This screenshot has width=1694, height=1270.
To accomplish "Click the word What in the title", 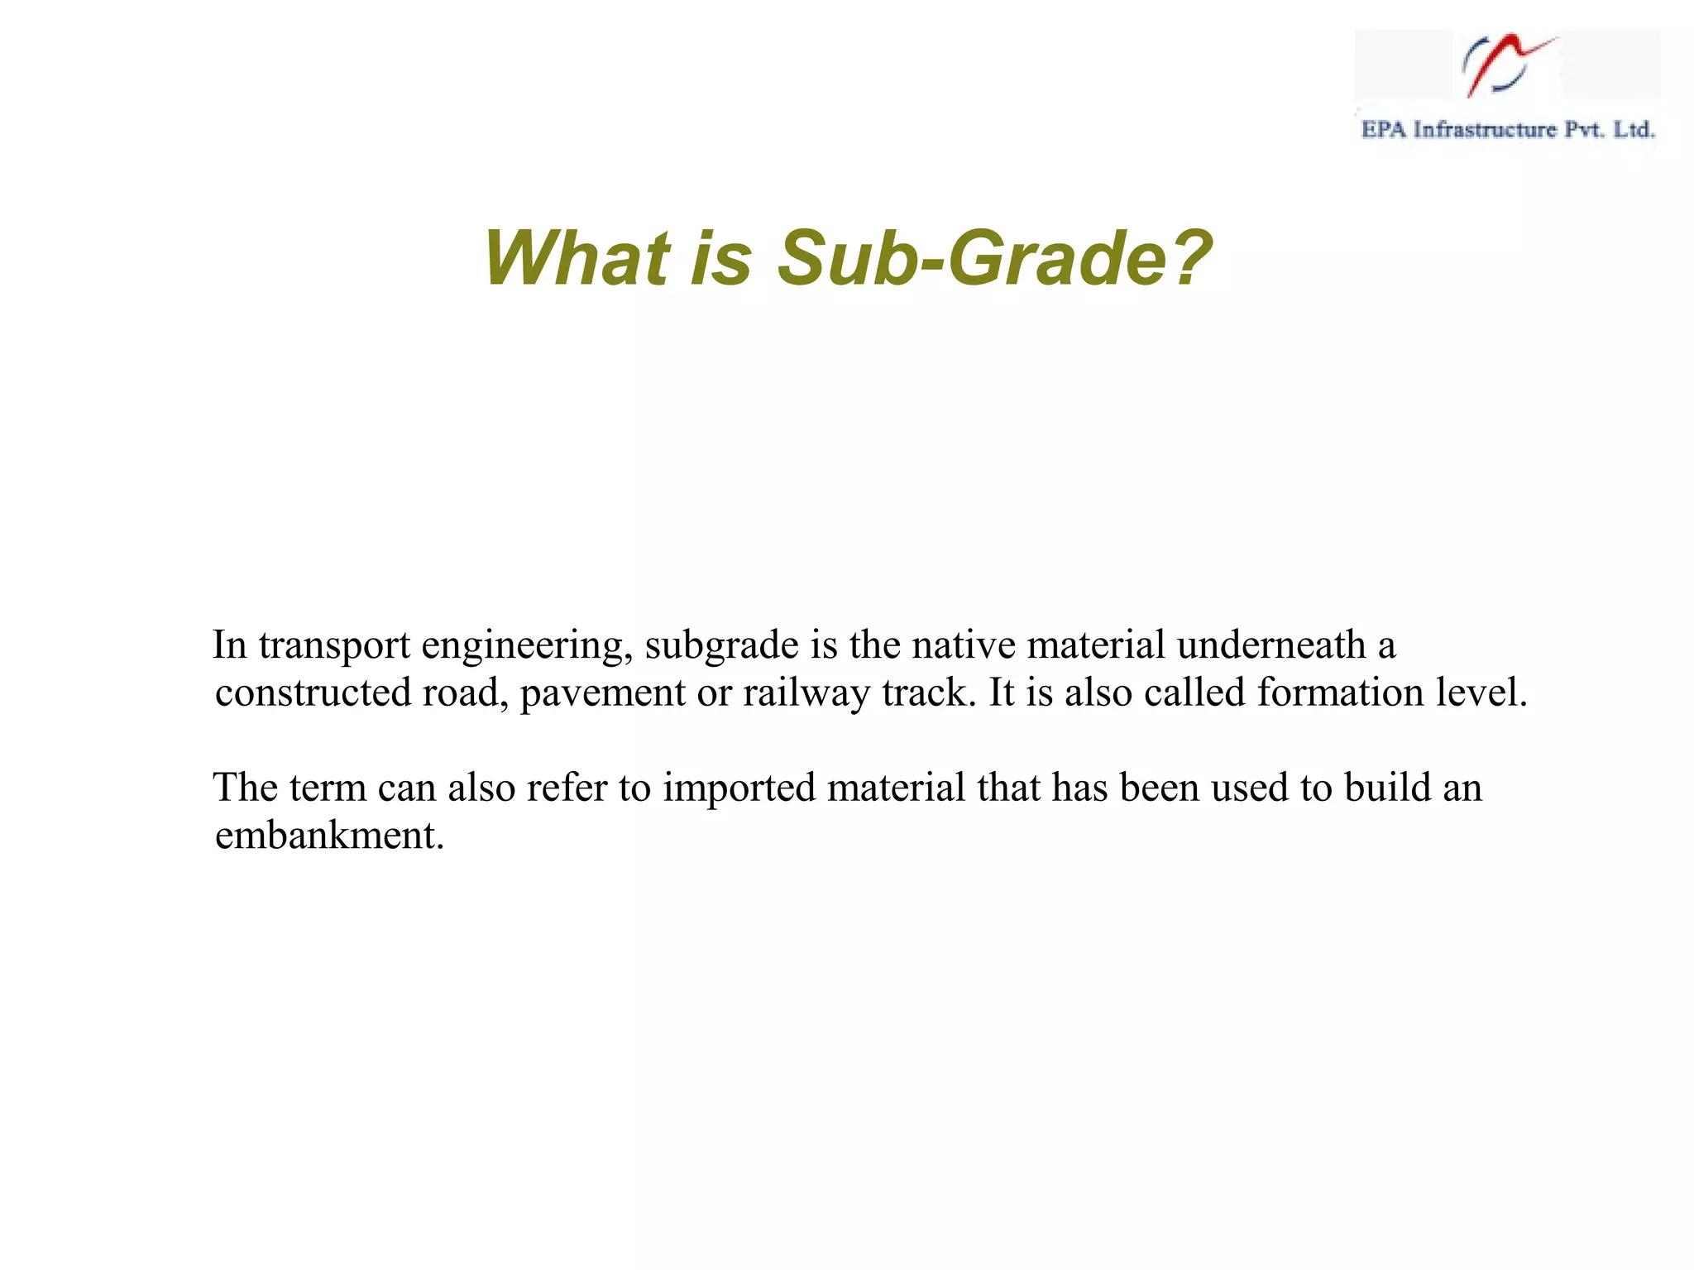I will pyautogui.click(x=577, y=258).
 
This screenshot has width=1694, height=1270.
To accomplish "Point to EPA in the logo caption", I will pyautogui.click(x=1383, y=130).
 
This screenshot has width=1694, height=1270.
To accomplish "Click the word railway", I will pyautogui.click(x=806, y=693).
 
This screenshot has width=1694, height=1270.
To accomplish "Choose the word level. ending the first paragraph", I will pyautogui.click(x=1481, y=693).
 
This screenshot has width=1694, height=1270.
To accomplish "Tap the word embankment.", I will pyautogui.click(x=329, y=836).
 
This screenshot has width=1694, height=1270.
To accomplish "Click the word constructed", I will pyautogui.click(x=313, y=693).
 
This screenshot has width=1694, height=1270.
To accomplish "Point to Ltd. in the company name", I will pyautogui.click(x=1634, y=130).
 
